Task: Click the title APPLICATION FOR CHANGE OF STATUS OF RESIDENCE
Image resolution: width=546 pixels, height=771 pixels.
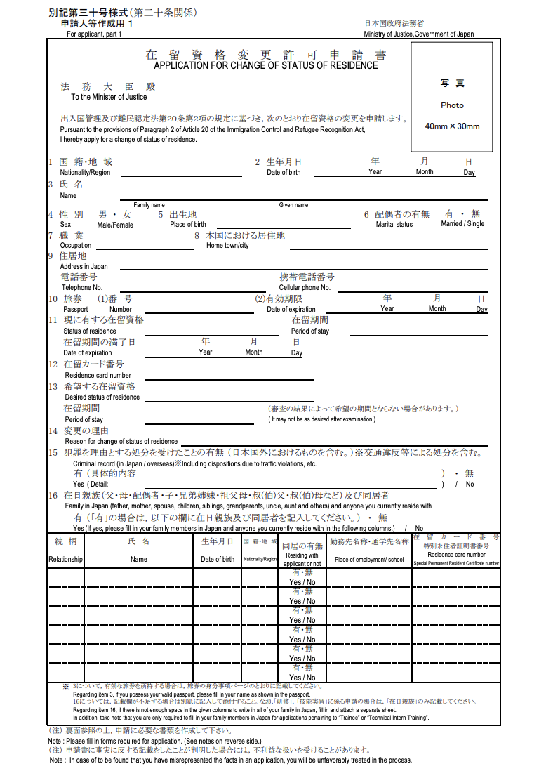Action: click(x=266, y=65)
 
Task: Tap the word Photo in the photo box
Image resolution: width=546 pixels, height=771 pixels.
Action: click(x=452, y=105)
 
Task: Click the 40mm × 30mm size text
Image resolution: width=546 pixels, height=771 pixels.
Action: click(x=452, y=126)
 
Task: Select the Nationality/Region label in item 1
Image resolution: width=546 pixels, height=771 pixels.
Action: click(x=85, y=173)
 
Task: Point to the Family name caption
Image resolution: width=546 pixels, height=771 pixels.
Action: click(x=149, y=205)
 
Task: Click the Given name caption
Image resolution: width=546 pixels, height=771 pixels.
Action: click(x=293, y=205)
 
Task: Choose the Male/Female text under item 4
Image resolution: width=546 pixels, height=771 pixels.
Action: click(x=115, y=225)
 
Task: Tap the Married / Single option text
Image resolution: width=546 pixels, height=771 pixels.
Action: click(x=462, y=224)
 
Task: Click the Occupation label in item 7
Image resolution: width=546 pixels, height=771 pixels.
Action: click(x=76, y=246)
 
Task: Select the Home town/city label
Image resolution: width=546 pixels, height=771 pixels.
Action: click(x=227, y=246)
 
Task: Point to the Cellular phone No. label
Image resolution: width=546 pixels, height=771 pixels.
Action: click(x=305, y=288)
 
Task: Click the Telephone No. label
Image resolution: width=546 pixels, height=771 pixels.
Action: click(x=82, y=288)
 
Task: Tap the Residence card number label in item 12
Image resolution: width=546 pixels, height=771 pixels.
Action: click(x=98, y=376)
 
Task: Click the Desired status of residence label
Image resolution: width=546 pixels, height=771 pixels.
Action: click(x=102, y=397)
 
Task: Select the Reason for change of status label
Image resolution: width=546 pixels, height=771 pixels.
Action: click(x=121, y=442)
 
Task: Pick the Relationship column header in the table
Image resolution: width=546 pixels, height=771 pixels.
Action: click(x=65, y=560)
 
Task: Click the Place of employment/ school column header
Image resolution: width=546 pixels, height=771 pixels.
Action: click(x=369, y=560)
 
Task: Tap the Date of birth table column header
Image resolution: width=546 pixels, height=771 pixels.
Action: click(x=218, y=560)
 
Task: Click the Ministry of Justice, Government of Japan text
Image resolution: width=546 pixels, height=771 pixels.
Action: click(x=418, y=34)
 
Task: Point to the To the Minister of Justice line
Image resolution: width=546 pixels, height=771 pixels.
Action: click(x=109, y=97)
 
